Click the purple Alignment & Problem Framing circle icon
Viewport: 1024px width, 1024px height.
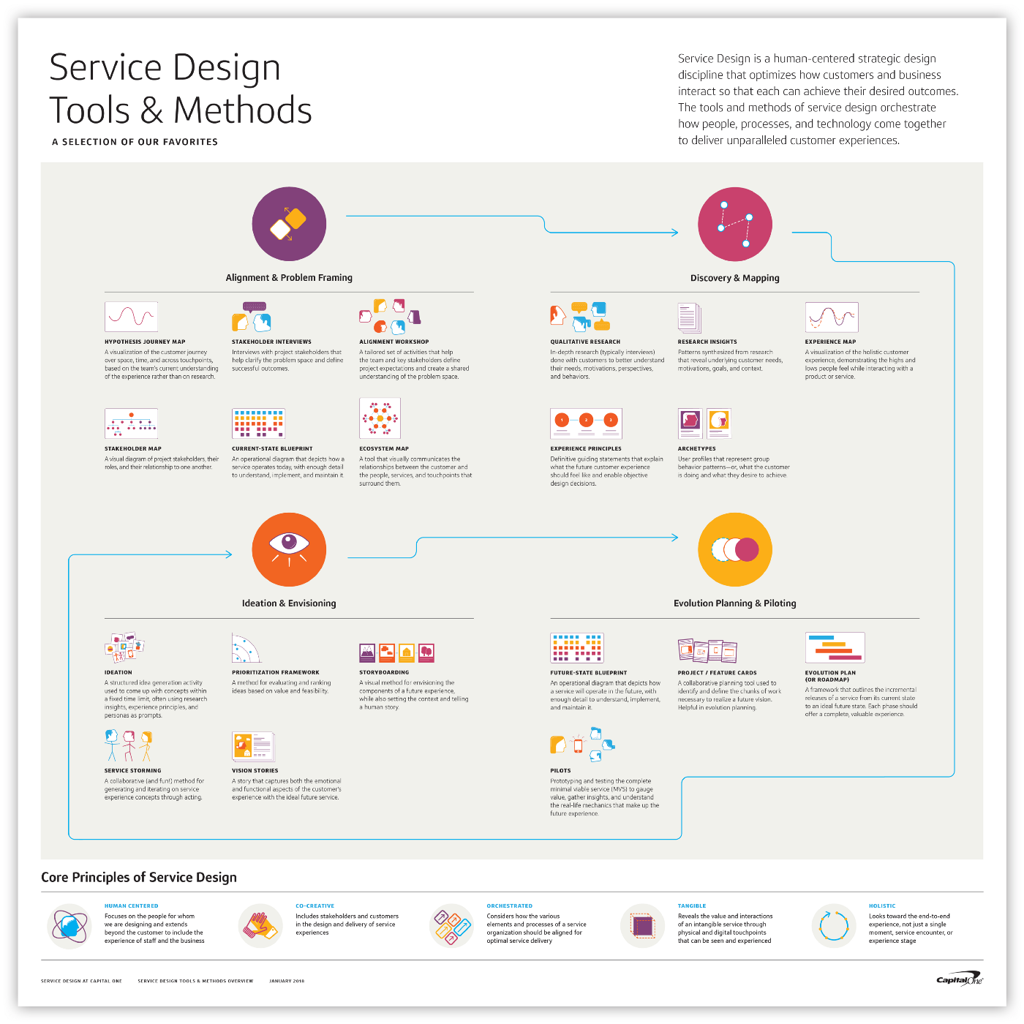289,224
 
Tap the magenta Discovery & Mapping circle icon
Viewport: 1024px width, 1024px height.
734,224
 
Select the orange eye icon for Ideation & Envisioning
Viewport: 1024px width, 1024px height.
289,549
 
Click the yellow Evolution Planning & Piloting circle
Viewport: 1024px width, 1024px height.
734,549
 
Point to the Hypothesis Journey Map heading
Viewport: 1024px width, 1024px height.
145,342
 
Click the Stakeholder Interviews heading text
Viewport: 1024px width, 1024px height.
271,342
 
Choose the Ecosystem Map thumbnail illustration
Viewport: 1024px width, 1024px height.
380,418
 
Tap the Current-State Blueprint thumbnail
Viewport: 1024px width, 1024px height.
258,423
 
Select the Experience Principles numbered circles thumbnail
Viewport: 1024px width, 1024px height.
586,423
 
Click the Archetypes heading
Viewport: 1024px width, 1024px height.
696,448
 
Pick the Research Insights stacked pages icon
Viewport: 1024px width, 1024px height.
689,317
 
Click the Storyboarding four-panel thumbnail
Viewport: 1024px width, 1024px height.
397,652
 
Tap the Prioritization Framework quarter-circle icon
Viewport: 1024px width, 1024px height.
246,648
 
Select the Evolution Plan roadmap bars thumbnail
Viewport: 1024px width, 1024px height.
835,647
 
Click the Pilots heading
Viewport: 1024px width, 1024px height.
560,770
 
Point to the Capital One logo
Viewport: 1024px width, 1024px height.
960,980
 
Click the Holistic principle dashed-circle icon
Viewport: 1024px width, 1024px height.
833,925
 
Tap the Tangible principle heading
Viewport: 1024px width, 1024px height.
691,906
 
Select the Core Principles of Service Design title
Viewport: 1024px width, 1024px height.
139,877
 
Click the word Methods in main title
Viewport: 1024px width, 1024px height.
242,110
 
